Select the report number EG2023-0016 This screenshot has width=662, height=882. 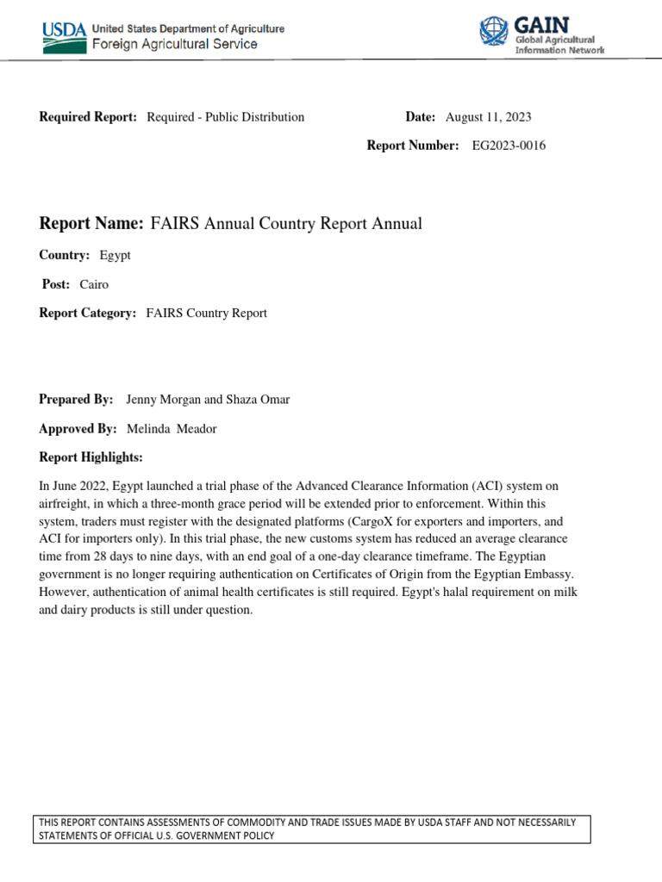(x=509, y=146)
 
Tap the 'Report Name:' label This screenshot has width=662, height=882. (x=91, y=224)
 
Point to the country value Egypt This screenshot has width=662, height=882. (x=116, y=256)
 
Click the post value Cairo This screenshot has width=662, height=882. (x=94, y=284)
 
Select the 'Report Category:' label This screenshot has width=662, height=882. (x=88, y=314)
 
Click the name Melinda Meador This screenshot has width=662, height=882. (x=172, y=429)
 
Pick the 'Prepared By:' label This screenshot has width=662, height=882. (x=77, y=400)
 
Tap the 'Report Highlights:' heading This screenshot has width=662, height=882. (x=91, y=457)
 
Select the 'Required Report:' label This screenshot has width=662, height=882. (x=89, y=117)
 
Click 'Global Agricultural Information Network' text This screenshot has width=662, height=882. (x=559, y=45)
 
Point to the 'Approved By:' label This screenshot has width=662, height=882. (x=78, y=429)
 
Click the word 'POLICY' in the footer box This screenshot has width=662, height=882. (x=255, y=836)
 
